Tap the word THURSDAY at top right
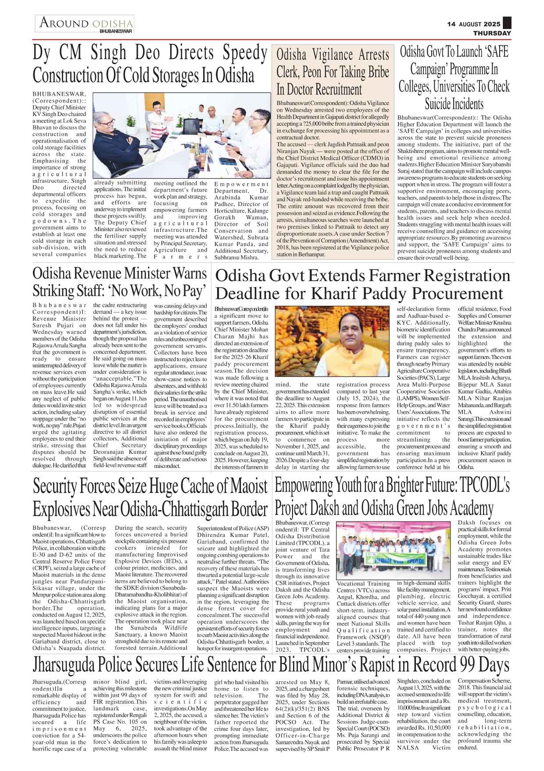[x=492, y=33]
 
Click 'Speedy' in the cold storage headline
[x=244, y=53]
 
